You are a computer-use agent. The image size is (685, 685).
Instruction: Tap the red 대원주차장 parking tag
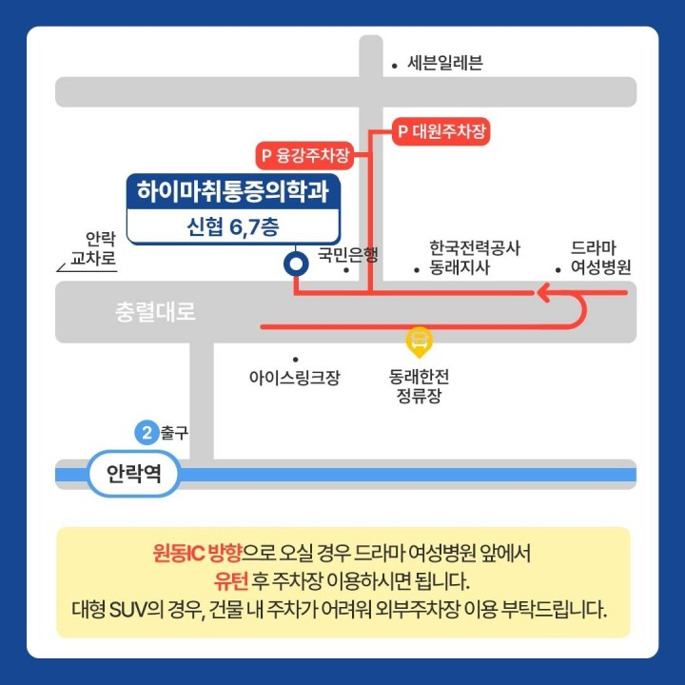441,132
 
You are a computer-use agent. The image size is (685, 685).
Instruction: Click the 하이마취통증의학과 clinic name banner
233,192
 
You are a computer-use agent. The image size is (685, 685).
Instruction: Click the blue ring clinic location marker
296,265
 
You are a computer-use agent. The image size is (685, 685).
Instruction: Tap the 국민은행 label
347,254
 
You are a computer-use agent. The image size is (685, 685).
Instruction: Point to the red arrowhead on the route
545,293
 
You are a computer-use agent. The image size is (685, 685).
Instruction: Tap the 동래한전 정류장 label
420,385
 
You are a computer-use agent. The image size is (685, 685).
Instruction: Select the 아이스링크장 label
294,378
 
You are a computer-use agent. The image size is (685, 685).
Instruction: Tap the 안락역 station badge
133,474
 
